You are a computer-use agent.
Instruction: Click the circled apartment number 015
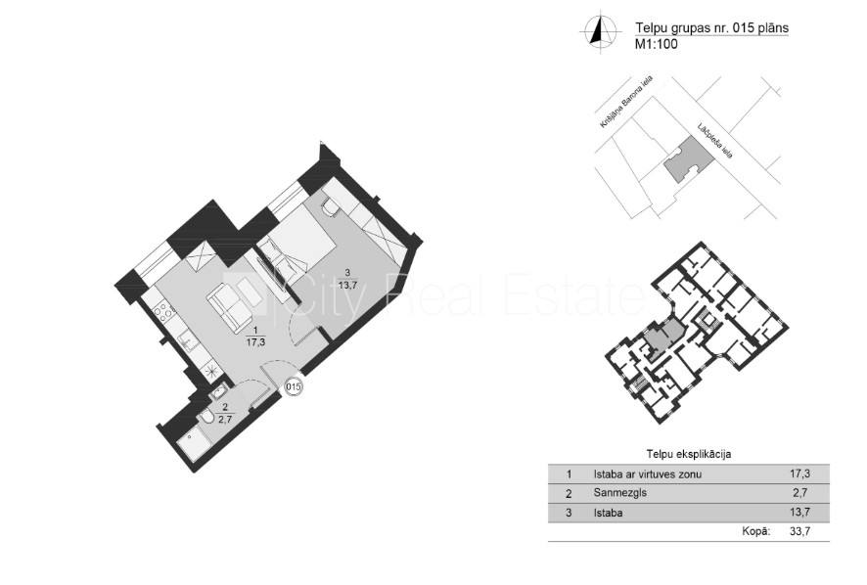(x=294, y=386)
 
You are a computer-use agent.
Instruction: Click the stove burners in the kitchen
(x=163, y=312)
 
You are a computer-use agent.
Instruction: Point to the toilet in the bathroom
(x=206, y=418)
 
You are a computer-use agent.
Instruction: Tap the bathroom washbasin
(x=218, y=392)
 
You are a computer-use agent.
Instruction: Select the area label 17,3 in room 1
(x=255, y=341)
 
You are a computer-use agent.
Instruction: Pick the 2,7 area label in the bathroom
(x=225, y=419)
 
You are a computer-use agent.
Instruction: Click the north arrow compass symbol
(x=598, y=31)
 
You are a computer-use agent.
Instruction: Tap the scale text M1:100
(x=657, y=44)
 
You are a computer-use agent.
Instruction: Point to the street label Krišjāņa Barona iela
(x=626, y=103)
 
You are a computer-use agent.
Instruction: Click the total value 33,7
(x=800, y=532)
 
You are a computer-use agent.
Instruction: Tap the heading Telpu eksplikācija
(x=689, y=455)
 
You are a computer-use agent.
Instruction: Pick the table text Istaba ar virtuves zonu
(x=648, y=473)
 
